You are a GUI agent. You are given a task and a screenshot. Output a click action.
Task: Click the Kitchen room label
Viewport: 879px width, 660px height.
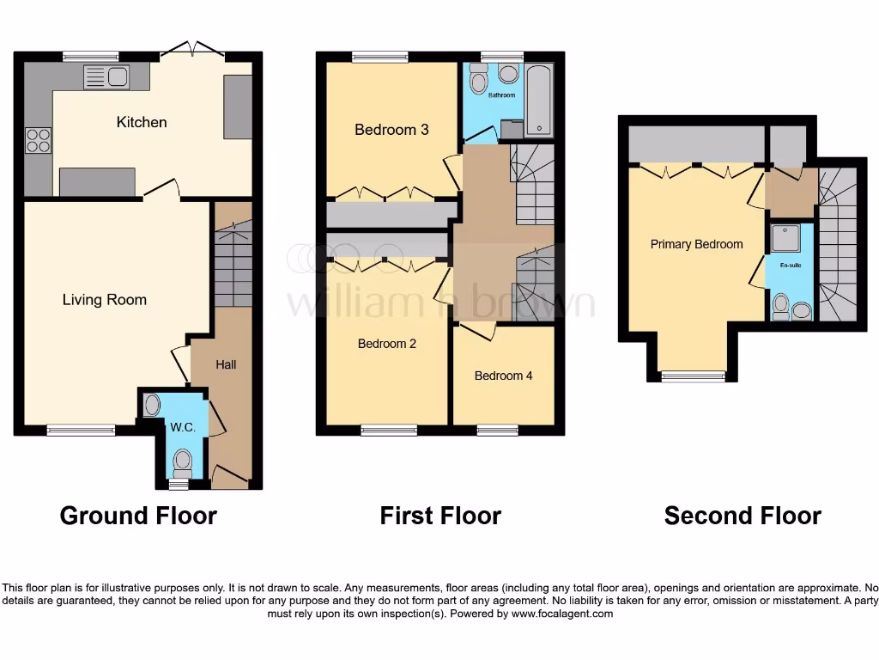(x=142, y=122)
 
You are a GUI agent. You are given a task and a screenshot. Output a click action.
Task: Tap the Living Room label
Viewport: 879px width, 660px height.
(x=105, y=300)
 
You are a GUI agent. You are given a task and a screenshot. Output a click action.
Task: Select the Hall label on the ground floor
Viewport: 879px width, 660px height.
(x=226, y=364)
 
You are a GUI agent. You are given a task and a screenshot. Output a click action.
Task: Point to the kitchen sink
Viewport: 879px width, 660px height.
(x=106, y=77)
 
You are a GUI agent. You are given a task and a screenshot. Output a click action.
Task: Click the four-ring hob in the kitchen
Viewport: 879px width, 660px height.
(x=38, y=139)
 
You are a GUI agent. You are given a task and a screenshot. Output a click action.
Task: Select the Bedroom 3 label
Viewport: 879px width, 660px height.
(x=391, y=130)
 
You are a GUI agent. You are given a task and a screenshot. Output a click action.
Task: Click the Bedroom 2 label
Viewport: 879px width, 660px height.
(x=387, y=344)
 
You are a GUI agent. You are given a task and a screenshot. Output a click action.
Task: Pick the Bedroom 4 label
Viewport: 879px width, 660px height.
(x=503, y=376)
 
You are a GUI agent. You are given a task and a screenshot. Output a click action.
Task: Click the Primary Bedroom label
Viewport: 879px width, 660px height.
(x=696, y=244)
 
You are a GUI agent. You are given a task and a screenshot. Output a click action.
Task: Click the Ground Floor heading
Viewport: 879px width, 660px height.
(x=138, y=516)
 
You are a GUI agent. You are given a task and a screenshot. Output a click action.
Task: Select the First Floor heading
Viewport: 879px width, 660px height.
(x=440, y=516)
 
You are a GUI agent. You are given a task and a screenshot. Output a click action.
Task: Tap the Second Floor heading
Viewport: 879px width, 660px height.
(x=743, y=516)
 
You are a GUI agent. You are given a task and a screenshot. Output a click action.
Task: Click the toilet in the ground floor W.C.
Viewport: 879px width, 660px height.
(x=182, y=461)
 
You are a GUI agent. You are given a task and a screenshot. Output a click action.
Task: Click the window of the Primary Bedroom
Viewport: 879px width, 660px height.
(x=693, y=375)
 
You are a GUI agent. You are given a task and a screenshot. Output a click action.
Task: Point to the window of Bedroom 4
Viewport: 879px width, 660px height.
(x=497, y=430)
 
